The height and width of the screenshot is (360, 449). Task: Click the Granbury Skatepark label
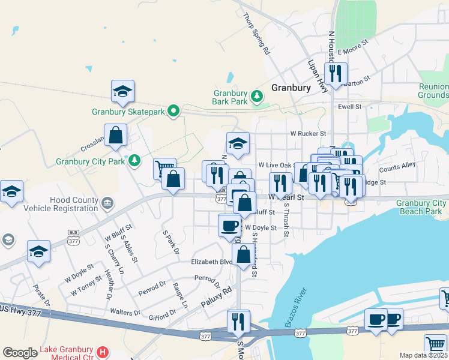pyautogui.click(x=128, y=111)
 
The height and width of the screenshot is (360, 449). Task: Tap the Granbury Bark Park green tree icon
pyautogui.click(x=258, y=95)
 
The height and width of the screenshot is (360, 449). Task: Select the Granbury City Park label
pyautogui.click(x=90, y=161)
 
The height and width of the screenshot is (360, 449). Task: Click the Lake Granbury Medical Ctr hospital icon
pyautogui.click(x=103, y=352)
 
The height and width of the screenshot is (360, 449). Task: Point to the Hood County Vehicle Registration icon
pyautogui.click(x=107, y=202)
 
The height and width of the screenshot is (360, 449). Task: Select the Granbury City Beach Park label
pyautogui.click(x=421, y=207)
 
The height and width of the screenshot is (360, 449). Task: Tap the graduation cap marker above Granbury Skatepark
pyautogui.click(x=122, y=91)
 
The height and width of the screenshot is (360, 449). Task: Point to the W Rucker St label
pyautogui.click(x=307, y=133)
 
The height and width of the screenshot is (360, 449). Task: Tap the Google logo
pyautogui.click(x=20, y=353)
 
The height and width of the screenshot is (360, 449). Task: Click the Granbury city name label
pyautogui.click(x=291, y=87)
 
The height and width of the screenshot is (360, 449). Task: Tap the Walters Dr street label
pyautogui.click(x=125, y=312)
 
